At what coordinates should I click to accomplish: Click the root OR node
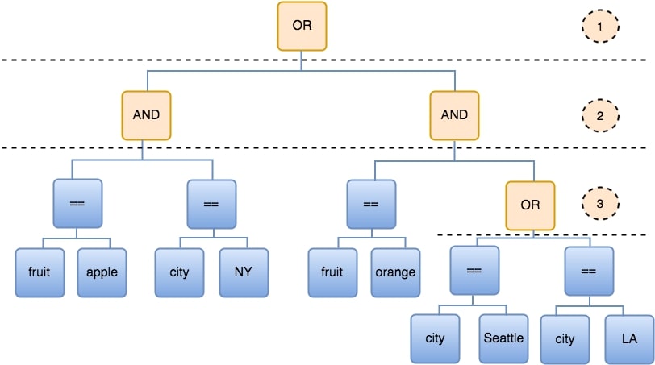(x=302, y=27)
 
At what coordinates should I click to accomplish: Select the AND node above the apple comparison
(x=146, y=114)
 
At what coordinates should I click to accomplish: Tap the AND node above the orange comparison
(x=454, y=114)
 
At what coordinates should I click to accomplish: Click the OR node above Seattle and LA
(x=530, y=205)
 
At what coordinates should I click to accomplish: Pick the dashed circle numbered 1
(x=599, y=27)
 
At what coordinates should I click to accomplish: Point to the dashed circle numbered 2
(x=599, y=116)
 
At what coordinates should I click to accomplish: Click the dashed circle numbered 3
(x=599, y=205)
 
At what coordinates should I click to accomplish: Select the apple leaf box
(x=102, y=272)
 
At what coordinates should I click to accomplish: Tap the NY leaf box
(x=243, y=272)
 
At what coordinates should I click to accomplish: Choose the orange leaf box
(x=395, y=272)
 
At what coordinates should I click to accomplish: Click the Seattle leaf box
(x=503, y=338)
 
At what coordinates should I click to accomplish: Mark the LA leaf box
(x=629, y=338)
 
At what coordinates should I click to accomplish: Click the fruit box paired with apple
(x=39, y=272)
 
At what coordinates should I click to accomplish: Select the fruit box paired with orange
(x=332, y=272)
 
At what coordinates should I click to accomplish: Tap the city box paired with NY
(x=179, y=272)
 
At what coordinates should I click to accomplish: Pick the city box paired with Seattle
(x=434, y=338)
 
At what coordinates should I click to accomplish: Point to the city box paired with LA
(x=565, y=338)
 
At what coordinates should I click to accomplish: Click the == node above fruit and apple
(x=77, y=204)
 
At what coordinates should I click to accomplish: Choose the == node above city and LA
(x=588, y=271)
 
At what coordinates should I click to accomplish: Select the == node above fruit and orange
(x=371, y=204)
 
